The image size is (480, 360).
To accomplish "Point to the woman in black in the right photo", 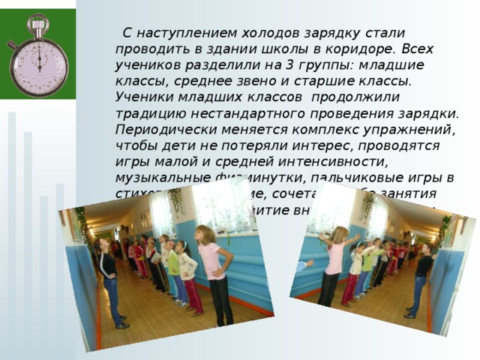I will pos(421,277).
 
